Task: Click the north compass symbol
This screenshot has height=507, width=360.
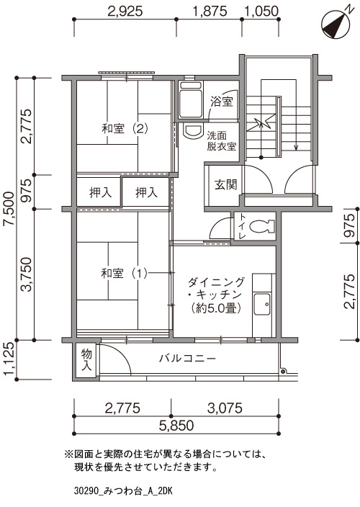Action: click(x=336, y=24)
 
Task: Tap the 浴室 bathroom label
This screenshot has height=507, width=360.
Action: click(x=221, y=102)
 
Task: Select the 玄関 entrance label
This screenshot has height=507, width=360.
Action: click(x=226, y=184)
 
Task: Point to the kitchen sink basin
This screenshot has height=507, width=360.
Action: click(x=262, y=304)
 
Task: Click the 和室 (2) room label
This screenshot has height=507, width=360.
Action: click(x=125, y=129)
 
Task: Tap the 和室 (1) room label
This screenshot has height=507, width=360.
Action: click(x=124, y=274)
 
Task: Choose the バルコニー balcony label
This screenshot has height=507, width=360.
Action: click(x=187, y=358)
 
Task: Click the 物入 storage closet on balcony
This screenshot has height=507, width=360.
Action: click(x=86, y=360)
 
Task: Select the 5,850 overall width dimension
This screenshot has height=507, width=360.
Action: click(x=176, y=425)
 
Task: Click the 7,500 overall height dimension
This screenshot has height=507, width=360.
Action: click(x=9, y=209)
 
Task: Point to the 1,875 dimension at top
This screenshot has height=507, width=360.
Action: click(x=210, y=12)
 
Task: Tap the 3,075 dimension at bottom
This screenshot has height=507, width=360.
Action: click(x=225, y=408)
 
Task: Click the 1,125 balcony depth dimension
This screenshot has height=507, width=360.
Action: click(x=9, y=359)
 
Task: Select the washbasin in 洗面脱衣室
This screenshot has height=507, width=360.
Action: click(x=193, y=130)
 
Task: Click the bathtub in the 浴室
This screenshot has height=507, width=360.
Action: click(x=191, y=100)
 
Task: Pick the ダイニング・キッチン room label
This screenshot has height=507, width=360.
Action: click(x=216, y=295)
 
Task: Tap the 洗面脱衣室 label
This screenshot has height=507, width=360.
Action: click(x=222, y=140)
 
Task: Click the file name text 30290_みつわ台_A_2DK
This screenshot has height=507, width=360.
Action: click(x=123, y=491)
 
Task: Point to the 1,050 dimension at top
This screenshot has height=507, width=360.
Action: click(x=261, y=12)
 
